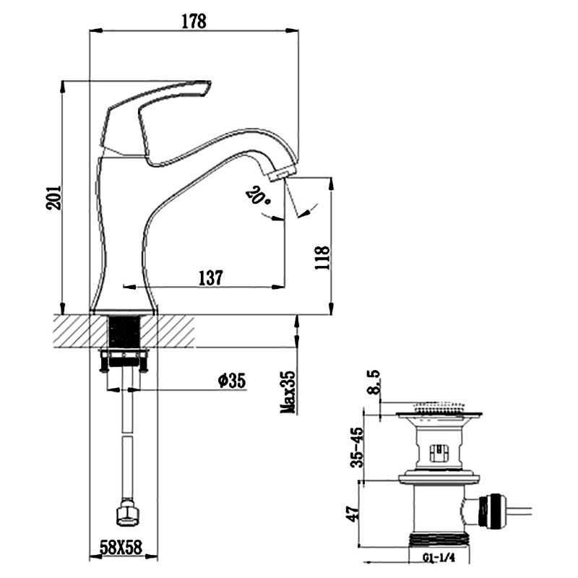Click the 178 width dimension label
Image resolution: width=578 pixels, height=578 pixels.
coord(194,22)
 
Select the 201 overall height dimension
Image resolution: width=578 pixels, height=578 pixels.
coord(53,197)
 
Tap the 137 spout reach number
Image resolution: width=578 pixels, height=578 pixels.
coord(211,278)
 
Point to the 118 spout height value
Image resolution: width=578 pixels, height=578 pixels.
coord(322,257)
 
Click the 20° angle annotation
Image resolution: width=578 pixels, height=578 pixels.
coord(259,196)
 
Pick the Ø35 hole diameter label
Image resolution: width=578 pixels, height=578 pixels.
coord(231,381)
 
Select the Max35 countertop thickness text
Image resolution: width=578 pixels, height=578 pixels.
coord(288,392)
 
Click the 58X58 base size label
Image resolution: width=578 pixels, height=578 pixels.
coord(121,548)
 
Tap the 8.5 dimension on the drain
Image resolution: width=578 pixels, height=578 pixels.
coord(374,383)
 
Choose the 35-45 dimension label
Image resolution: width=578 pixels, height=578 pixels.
coord(357,447)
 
